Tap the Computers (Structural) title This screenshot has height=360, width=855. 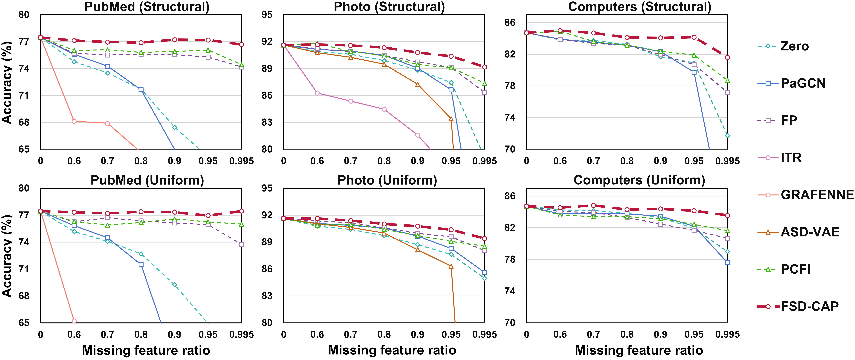coord(640,7)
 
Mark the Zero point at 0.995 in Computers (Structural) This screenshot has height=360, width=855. coord(727,136)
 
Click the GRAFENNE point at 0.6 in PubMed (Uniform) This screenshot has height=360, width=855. coord(74,321)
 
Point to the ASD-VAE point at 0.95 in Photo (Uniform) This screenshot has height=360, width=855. coord(451,266)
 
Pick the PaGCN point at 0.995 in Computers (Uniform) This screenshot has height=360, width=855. coord(727,263)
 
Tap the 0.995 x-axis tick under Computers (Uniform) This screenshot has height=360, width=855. coord(727,334)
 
